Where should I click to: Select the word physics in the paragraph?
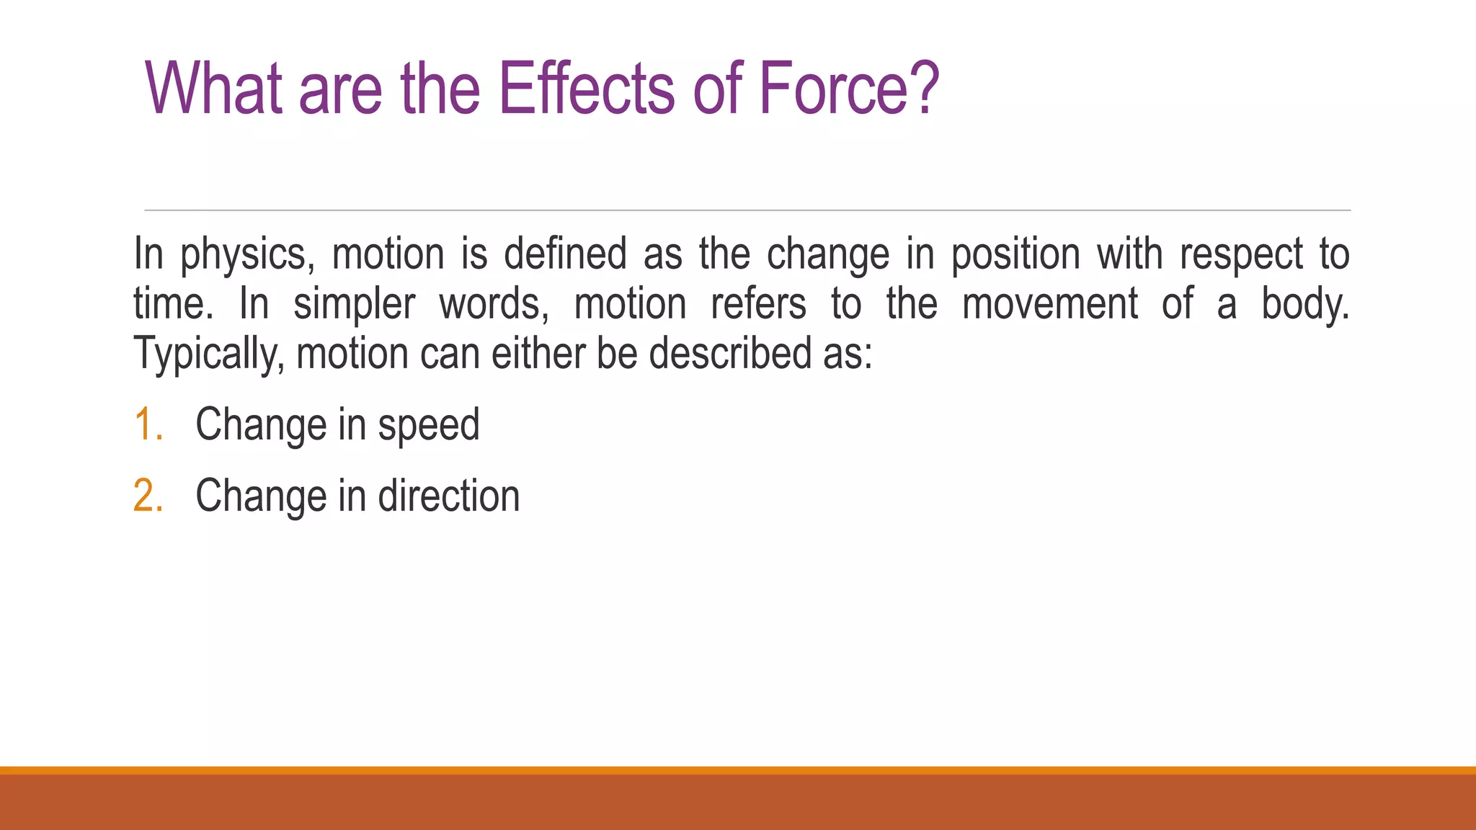247,256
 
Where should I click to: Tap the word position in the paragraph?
1015,256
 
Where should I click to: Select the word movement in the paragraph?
1050,304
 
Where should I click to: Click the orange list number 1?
148,424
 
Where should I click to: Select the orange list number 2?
148,496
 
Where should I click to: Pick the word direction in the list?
448,496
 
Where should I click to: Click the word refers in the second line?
758,304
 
